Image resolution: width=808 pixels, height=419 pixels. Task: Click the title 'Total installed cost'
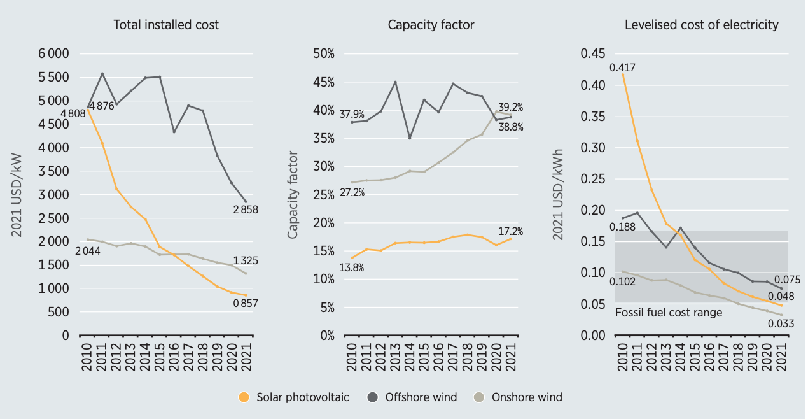coord(165,25)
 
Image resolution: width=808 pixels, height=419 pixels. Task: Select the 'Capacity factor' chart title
coord(431,25)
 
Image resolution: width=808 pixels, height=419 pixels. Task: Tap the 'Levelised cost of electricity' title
coord(701,25)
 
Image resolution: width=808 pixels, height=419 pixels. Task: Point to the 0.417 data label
coord(622,67)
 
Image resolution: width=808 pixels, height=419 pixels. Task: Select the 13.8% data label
coord(351,268)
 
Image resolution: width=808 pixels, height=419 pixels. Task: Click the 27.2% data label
coord(352,192)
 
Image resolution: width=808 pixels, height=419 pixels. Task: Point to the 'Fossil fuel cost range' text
coord(669,313)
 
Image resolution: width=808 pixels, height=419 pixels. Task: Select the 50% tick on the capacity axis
coord(324,53)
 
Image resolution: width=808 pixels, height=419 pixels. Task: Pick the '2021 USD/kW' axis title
coord(17,195)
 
